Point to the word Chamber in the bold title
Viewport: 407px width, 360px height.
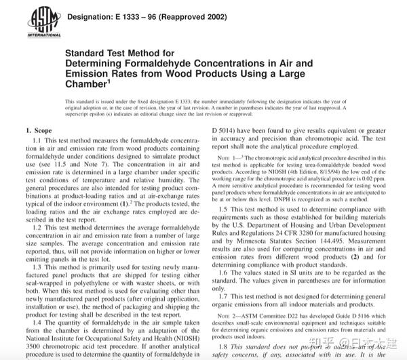tap(86, 83)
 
